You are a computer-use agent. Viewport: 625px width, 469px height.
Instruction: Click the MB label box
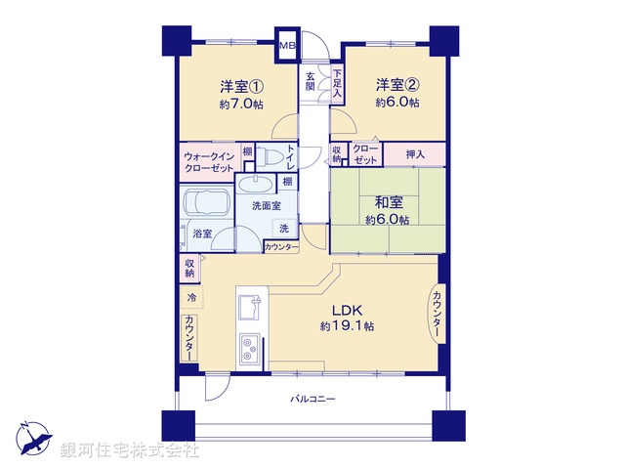coord(288,46)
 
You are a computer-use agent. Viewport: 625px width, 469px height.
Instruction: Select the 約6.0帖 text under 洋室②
coord(398,103)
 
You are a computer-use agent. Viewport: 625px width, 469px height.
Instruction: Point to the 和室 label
coord(387,202)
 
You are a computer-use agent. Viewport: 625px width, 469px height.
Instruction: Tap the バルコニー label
coord(312,399)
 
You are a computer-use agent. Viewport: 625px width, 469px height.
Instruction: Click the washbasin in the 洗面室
coord(256,186)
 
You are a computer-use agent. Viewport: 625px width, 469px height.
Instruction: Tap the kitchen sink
coord(250,307)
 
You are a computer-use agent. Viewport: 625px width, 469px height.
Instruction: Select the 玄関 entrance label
coord(311,81)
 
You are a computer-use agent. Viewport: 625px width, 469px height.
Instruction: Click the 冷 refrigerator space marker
coord(191,297)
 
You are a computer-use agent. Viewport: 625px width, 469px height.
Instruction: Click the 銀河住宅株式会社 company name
coord(129,450)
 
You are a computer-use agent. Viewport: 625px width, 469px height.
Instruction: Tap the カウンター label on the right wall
coord(437,315)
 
